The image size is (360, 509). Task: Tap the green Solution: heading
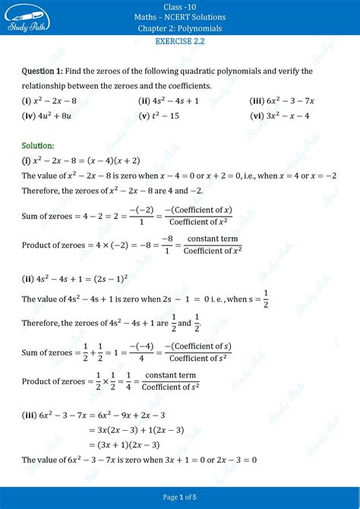click(38, 145)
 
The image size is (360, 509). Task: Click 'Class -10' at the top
click(180, 5)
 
